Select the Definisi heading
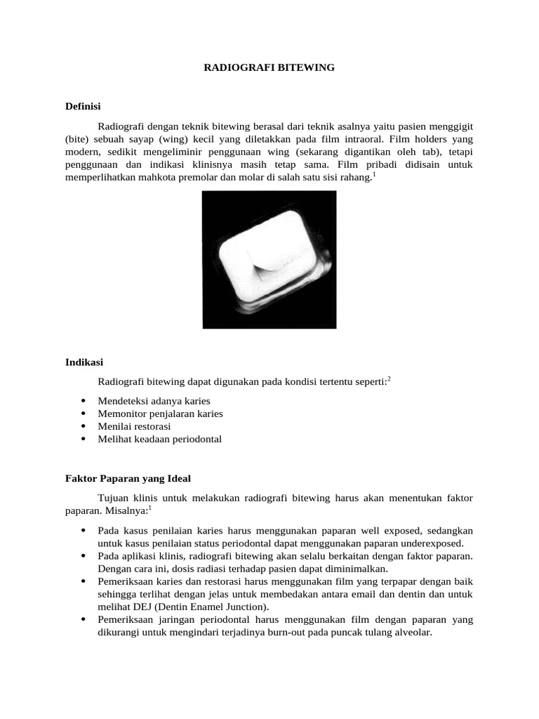click(x=84, y=107)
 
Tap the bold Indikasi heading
click(x=84, y=362)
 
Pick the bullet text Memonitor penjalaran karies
click(x=161, y=414)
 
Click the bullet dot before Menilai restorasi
click(x=84, y=427)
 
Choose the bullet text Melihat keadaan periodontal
click(x=160, y=439)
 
